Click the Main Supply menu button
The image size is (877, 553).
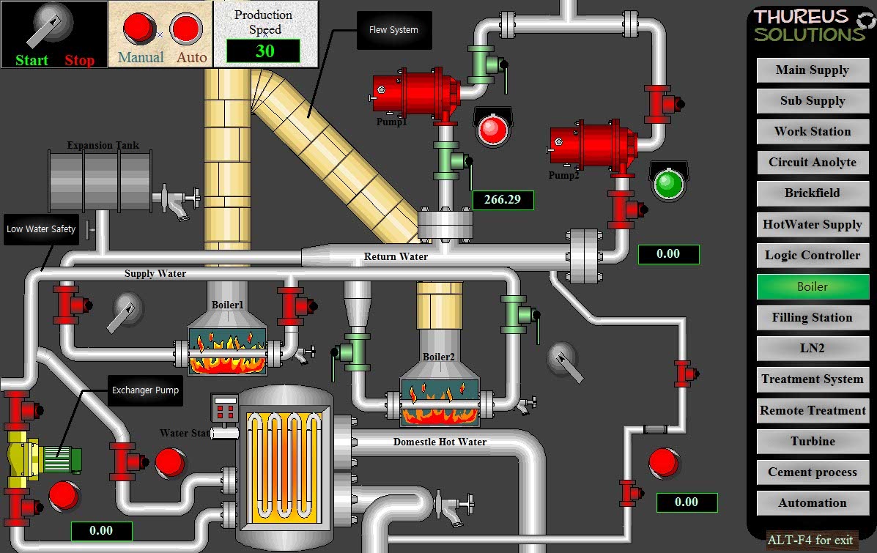pyautogui.click(x=812, y=70)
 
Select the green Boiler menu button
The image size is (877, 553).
pyautogui.click(x=812, y=286)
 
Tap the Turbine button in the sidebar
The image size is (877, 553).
pyautogui.click(x=812, y=441)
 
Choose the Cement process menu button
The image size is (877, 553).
pyautogui.click(x=812, y=472)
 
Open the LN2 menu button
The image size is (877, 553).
pyautogui.click(x=812, y=348)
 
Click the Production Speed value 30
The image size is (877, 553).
pyautogui.click(x=264, y=51)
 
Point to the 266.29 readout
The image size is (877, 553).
pyautogui.click(x=503, y=199)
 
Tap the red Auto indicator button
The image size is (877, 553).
pyautogui.click(x=186, y=29)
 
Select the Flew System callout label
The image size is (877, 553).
pyautogui.click(x=393, y=30)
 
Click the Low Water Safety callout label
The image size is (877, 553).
pyautogui.click(x=41, y=229)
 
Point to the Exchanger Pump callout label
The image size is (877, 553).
pyautogui.click(x=145, y=390)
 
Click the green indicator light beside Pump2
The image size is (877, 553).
pyautogui.click(x=667, y=184)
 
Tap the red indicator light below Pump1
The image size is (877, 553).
pyautogui.click(x=492, y=130)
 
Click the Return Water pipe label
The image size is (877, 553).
pyautogui.click(x=396, y=256)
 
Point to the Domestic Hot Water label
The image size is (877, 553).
pyautogui.click(x=440, y=442)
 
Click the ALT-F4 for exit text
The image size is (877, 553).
pyautogui.click(x=810, y=541)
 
